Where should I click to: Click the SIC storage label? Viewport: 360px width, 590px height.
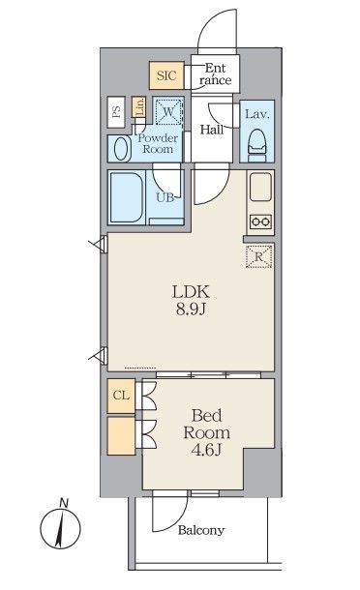(x=165, y=74)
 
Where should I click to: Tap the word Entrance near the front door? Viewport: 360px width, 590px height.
(x=217, y=74)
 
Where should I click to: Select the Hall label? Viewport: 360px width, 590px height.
(x=213, y=129)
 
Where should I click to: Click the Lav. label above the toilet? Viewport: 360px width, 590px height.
(x=255, y=114)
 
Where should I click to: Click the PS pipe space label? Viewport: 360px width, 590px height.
(x=116, y=111)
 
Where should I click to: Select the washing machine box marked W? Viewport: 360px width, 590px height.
(x=170, y=113)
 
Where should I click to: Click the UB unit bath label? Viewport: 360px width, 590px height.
(x=165, y=197)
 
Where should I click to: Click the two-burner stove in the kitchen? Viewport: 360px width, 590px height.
(x=259, y=221)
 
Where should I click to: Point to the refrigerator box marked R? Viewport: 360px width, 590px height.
(x=259, y=256)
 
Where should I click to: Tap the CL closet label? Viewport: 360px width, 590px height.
(x=121, y=395)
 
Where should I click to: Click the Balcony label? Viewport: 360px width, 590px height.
(x=201, y=530)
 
